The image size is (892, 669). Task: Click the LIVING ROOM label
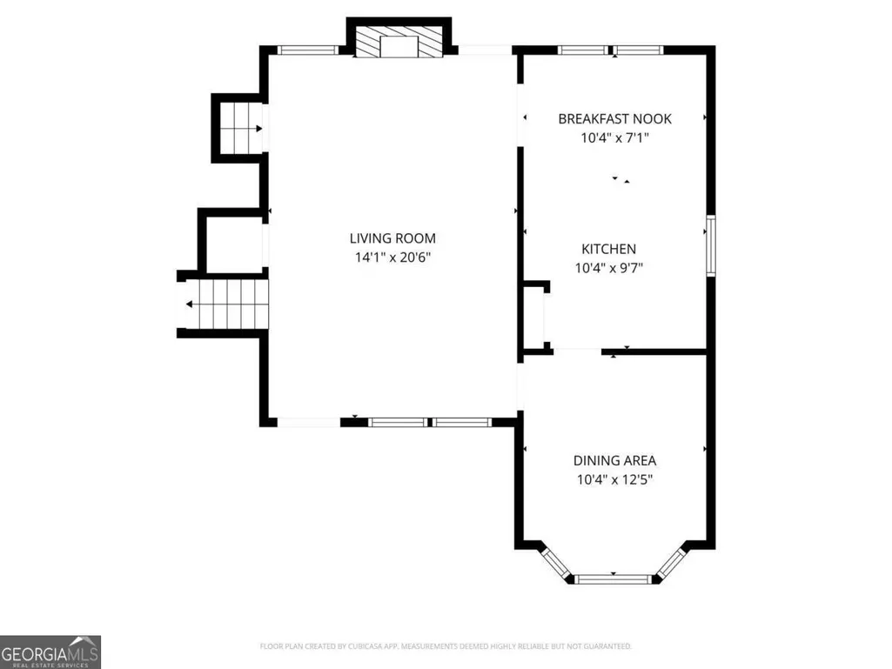click(x=392, y=238)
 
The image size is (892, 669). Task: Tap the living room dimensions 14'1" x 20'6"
click(x=392, y=258)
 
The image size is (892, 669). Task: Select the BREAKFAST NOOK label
click(x=614, y=119)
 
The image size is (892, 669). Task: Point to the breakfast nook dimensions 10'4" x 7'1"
click(x=614, y=137)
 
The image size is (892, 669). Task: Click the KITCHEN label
click(x=608, y=249)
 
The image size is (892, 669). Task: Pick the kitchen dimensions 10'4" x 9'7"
click(x=608, y=268)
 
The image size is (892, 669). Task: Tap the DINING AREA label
click(x=614, y=460)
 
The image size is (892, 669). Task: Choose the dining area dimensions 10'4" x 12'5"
click(x=614, y=479)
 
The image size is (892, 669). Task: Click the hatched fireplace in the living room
click(x=399, y=41)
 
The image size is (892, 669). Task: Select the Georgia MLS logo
click(x=50, y=652)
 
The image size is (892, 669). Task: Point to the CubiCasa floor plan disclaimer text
click(x=446, y=646)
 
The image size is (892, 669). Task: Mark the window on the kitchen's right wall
click(x=710, y=245)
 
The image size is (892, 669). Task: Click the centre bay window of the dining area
click(x=613, y=579)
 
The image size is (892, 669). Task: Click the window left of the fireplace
click(x=308, y=50)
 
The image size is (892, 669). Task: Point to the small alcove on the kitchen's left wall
click(x=534, y=317)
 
